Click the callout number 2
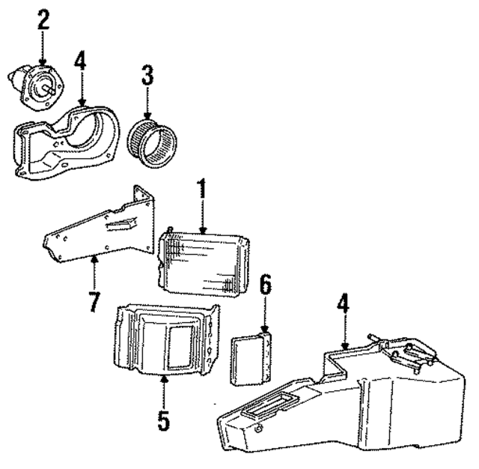point(43,19)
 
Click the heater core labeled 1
point(204,261)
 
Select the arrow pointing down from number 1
point(201,217)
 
